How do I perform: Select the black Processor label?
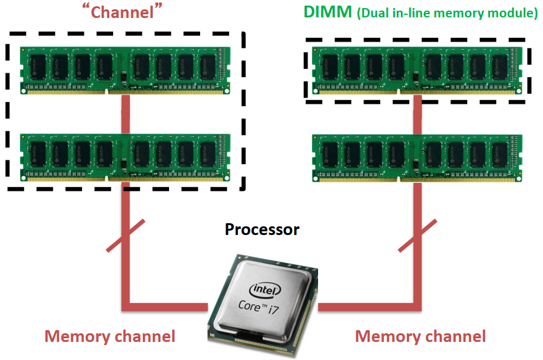tap(262, 229)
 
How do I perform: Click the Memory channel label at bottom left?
tap(110, 336)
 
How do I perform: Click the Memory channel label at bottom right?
tap(420, 336)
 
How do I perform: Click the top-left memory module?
tap(124, 69)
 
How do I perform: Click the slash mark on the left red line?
tap(126, 236)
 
